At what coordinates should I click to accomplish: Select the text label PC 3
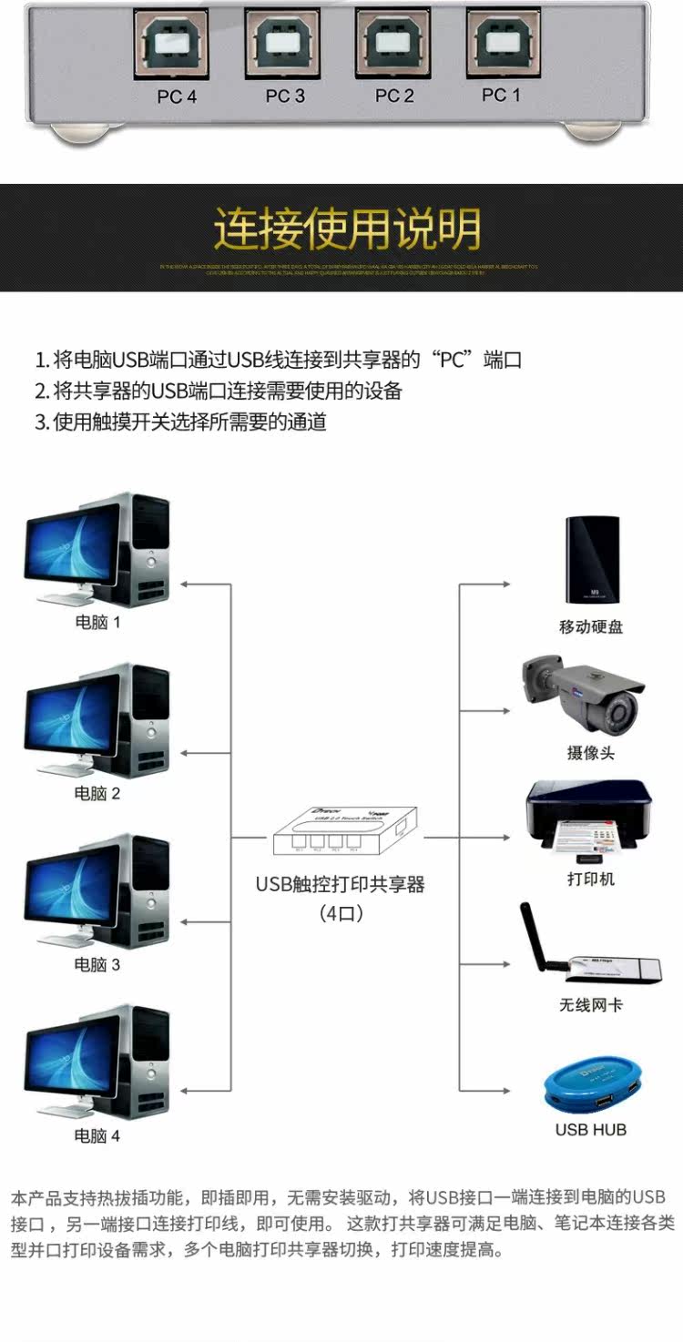285,96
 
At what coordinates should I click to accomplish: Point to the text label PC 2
394,96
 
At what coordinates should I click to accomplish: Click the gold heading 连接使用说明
347,229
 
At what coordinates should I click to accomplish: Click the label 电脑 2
97,793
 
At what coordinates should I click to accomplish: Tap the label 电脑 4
97,1135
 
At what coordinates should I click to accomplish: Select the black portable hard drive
591,560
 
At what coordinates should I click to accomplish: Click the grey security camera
583,692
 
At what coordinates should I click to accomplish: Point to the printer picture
588,819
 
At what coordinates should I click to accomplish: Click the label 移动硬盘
591,627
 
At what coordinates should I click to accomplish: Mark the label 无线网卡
591,1005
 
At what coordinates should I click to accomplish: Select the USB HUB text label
591,1130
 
